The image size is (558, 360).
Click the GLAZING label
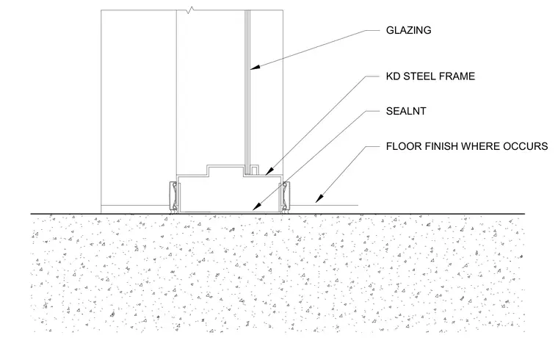pos(408,30)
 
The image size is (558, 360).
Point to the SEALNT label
pos(406,111)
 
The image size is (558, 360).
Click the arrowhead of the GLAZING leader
pos(253,67)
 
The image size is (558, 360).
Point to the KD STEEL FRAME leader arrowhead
pos(268,173)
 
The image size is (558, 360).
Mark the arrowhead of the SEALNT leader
pos(256,207)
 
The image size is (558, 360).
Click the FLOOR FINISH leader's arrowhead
pos(319,199)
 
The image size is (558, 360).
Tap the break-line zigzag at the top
pos(192,10)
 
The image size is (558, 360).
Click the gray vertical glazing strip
pos(247,87)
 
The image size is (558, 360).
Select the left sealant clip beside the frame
pos(173,198)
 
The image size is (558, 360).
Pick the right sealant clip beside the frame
pos(285,198)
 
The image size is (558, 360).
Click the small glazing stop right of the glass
pos(254,170)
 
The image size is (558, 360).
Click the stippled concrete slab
pos(278,273)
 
